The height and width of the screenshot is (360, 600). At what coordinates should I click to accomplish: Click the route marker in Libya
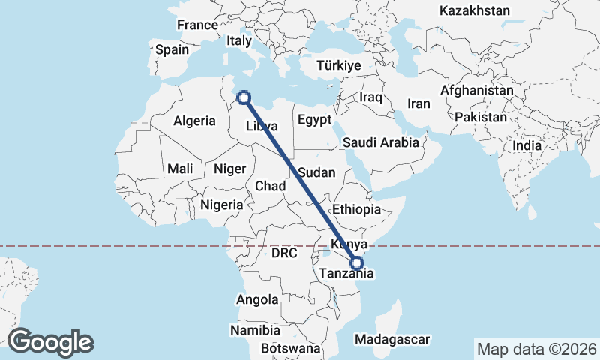[243, 96]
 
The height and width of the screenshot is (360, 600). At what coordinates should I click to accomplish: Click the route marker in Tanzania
[357, 263]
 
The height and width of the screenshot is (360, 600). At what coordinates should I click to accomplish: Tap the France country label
[197, 25]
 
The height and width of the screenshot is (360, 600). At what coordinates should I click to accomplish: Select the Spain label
[172, 50]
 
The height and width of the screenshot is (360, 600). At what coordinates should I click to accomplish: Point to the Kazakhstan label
[475, 11]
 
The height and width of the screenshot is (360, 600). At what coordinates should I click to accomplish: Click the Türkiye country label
[339, 66]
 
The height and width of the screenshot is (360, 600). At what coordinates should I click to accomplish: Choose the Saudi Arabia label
[381, 142]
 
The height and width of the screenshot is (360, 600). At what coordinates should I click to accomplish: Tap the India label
[526, 146]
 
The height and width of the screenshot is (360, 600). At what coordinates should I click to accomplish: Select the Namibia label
[255, 330]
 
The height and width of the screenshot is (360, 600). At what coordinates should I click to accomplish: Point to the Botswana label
[291, 348]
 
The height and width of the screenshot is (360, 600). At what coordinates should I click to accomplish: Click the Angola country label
[257, 299]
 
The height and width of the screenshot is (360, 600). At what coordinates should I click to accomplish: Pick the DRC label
[285, 253]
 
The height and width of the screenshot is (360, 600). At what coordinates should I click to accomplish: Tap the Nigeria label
[222, 205]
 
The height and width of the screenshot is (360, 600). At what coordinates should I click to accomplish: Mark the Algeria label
[195, 121]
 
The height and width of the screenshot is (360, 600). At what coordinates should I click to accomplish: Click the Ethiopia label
[356, 209]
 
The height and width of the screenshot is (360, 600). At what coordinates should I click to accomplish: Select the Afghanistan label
[477, 91]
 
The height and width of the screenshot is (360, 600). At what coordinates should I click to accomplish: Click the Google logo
[50, 341]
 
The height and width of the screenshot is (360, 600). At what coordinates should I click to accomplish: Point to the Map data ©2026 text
[536, 349]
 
